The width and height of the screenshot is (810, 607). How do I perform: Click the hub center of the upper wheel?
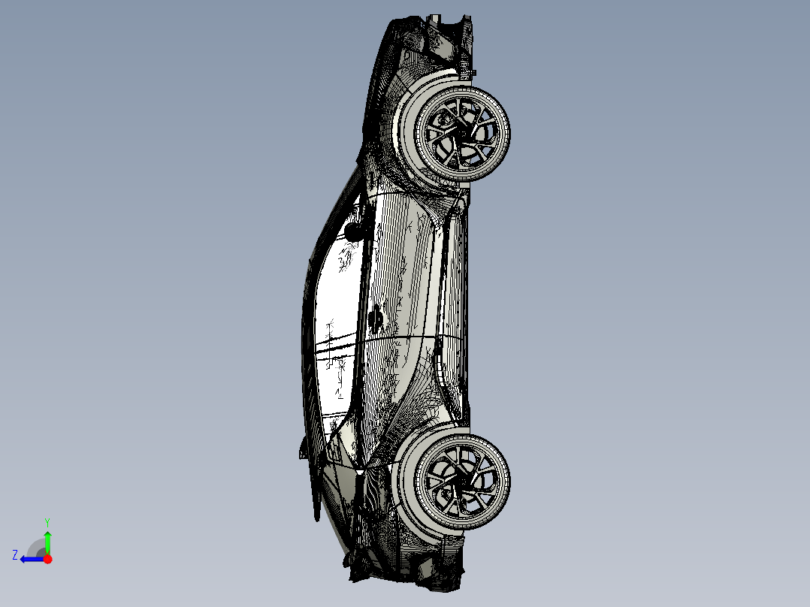coord(461,133)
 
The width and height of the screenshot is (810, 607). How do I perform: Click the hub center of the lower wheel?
coord(461,482)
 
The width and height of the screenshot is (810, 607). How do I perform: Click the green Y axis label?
coord(47,522)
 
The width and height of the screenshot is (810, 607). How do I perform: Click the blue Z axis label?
coord(15,555)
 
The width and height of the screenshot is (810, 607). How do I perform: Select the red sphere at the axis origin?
coord(48,559)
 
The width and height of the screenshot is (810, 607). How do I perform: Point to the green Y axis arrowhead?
coord(47,535)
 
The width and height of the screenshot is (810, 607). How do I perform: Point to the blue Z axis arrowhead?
coord(24,559)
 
